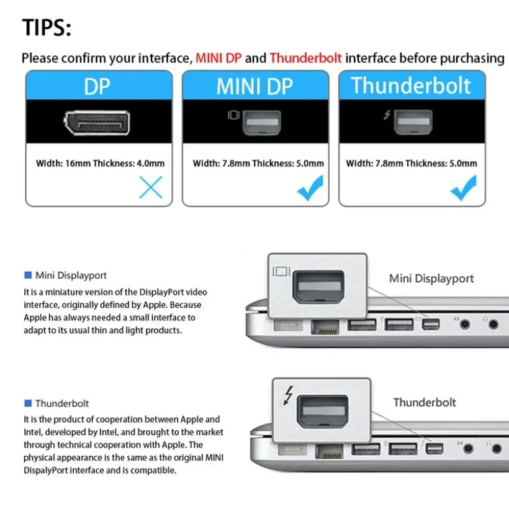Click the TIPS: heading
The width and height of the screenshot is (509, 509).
point(47,28)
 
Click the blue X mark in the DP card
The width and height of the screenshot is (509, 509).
point(150,187)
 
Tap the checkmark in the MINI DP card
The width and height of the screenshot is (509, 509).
point(310,188)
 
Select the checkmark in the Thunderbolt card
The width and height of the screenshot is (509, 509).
point(464,188)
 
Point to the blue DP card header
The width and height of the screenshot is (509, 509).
point(99,87)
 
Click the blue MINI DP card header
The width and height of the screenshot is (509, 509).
point(255,87)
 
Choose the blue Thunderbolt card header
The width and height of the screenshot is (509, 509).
point(411,86)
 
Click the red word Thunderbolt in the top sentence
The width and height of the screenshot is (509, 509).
point(305,58)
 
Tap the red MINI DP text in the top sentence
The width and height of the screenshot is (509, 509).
point(218,58)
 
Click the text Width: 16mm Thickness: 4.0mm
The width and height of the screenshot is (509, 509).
point(99,164)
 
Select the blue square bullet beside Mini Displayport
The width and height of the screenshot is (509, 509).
point(27,275)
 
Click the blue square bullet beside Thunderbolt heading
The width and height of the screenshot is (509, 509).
point(27,403)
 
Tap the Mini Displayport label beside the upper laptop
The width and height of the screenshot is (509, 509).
point(431,279)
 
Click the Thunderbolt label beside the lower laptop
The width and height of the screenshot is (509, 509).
point(425,402)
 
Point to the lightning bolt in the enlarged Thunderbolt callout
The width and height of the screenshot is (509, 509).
point(287,395)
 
